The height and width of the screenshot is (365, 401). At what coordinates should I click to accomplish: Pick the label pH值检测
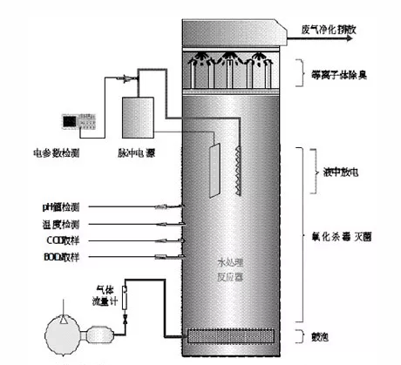coord(60,206)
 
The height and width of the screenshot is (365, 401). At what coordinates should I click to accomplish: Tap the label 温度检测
coord(61,223)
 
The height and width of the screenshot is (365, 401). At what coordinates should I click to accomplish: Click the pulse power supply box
coord(138,117)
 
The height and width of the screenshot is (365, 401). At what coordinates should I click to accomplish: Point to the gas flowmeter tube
coord(125,296)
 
